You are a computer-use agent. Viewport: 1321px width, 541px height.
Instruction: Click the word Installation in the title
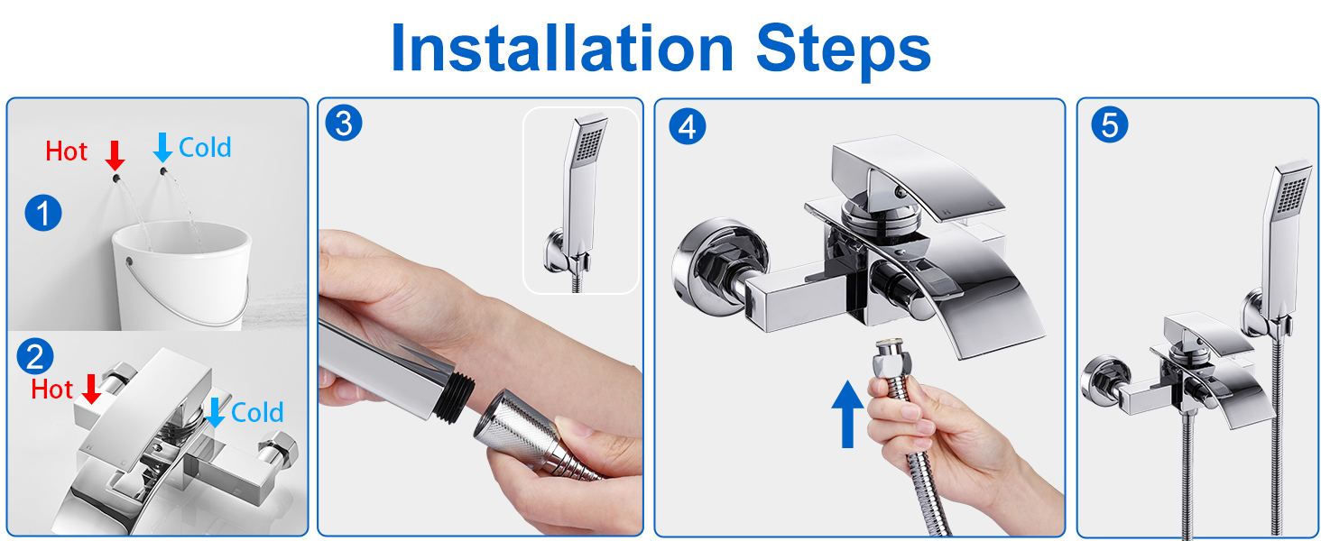(x=562, y=49)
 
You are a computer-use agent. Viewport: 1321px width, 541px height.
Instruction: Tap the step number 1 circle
(x=43, y=213)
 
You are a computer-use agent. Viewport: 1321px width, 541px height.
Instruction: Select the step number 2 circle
(x=35, y=356)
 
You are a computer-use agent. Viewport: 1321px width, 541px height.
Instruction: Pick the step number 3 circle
(x=344, y=124)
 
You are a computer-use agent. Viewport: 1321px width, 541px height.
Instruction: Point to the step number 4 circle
(x=687, y=126)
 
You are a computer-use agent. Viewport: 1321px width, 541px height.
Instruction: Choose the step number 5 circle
(x=1109, y=124)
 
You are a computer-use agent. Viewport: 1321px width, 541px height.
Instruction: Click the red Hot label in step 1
(x=67, y=151)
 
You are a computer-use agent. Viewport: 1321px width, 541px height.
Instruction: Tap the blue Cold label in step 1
(x=205, y=147)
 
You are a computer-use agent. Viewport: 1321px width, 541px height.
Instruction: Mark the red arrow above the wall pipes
(x=115, y=156)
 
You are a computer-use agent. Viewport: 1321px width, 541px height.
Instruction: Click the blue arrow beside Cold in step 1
(x=162, y=147)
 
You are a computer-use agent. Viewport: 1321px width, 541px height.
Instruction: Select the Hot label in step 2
(x=52, y=390)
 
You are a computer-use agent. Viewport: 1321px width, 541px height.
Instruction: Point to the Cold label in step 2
(x=257, y=413)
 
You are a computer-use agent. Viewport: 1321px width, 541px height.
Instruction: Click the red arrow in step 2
(x=91, y=389)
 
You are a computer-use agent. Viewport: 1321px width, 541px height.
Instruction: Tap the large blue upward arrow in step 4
(x=847, y=414)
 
